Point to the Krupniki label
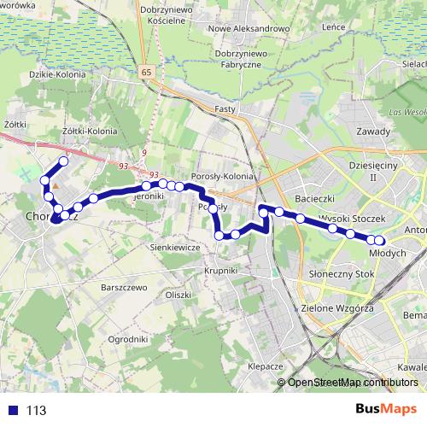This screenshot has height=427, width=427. coord(219,269)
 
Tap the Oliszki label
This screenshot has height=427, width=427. coord(178,294)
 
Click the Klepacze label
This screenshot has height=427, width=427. coord(265,365)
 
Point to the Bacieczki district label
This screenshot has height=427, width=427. coord(313,198)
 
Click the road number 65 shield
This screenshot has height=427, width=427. coord(150,74)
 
